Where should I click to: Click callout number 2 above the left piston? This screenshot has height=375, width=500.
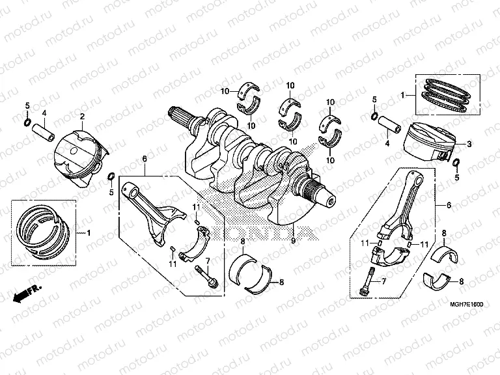82,117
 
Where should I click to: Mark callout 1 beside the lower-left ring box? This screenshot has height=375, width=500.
90,233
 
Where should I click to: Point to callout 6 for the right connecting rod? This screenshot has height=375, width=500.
448,205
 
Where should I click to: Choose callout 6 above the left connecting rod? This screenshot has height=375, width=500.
144,159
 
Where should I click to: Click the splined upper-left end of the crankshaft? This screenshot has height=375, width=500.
182,117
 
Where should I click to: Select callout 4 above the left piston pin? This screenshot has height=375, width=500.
44,113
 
